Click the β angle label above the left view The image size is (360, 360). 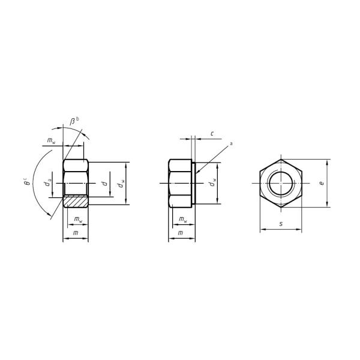pos(73,122)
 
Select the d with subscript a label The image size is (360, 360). pos(49,182)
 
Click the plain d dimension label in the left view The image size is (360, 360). pos(104,182)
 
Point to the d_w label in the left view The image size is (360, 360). pos(122,183)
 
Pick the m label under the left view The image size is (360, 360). pos(75,233)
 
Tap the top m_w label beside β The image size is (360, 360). pos(52,142)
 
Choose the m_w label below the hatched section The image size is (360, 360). pos(78,220)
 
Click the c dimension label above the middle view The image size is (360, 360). pos(212,133)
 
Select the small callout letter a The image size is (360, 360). pos(231,144)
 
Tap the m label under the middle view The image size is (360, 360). pos(181,233)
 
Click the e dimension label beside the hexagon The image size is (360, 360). pos(322,182)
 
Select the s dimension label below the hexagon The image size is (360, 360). pos(281,224)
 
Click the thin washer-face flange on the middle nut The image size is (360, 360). pos(193,183)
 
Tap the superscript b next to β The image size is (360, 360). pos(77,119)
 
